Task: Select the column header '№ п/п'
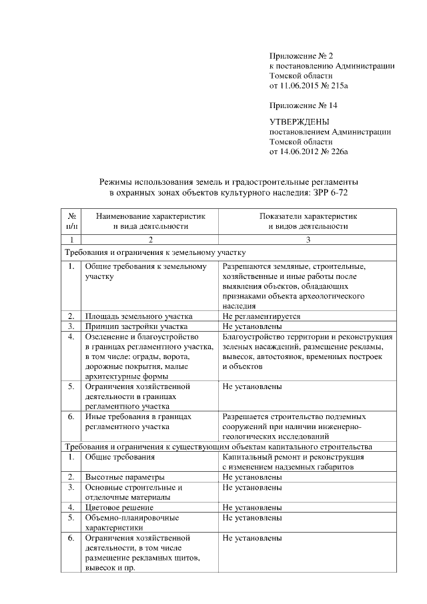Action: [x=71, y=221]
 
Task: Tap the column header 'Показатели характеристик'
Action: [x=308, y=216]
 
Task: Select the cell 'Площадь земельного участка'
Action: [x=139, y=316]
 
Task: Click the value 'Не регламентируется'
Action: [x=262, y=316]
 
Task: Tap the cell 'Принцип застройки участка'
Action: [x=136, y=326]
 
